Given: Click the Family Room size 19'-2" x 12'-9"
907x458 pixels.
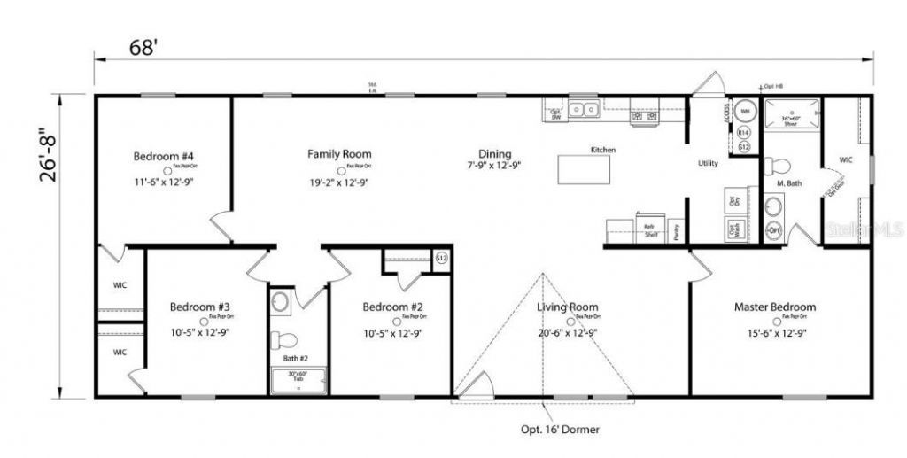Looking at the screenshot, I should (339, 182).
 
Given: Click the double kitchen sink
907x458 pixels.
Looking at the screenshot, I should (584, 110).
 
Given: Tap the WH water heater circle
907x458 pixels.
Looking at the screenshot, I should (745, 112).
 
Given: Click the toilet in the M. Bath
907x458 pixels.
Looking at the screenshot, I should (778, 166).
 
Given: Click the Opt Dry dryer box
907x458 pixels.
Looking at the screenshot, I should (733, 199).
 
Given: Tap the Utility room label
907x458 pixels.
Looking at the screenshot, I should (708, 163).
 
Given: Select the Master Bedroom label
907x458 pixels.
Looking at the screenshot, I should (775, 307).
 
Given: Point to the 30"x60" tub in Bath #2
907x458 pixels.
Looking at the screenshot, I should (298, 379).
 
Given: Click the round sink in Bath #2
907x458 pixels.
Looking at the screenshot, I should (280, 303).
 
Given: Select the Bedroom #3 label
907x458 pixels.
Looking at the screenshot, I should (200, 307).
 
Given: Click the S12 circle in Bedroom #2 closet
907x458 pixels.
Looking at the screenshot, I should (442, 258).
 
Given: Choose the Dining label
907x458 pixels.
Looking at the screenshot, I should (495, 153).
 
